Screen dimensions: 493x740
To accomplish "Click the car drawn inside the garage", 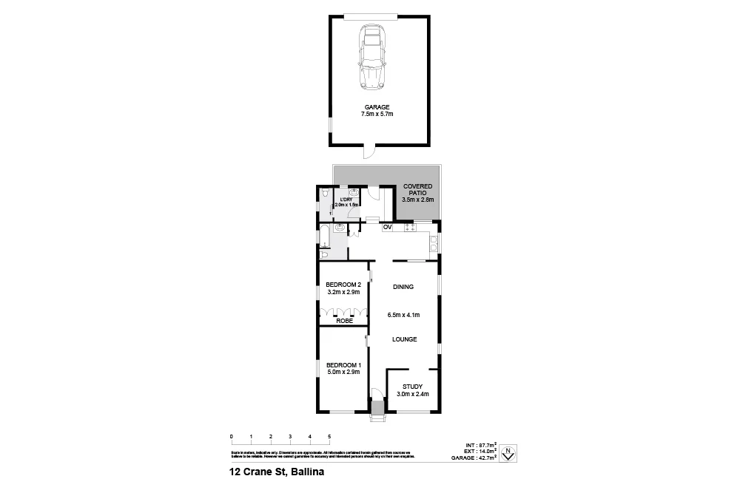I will click(x=372, y=58).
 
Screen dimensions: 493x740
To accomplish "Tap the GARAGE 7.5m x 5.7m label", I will click(x=377, y=111).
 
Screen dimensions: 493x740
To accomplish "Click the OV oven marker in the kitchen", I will click(x=386, y=228).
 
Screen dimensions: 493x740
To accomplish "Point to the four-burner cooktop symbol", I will click(x=409, y=228).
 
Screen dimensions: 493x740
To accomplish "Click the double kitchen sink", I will click(x=434, y=243).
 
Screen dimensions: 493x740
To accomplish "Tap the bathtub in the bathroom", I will click(x=323, y=237).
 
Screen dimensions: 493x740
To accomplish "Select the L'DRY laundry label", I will click(x=345, y=202).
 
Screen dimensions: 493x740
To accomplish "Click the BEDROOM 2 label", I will click(x=343, y=288).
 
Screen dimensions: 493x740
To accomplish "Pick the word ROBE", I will click(x=343, y=321).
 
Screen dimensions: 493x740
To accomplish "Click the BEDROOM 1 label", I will click(x=343, y=368).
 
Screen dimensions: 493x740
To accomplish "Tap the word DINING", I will click(x=403, y=287).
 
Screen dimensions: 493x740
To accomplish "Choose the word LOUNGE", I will click(x=404, y=339).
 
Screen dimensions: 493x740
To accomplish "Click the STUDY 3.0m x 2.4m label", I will click(x=412, y=390).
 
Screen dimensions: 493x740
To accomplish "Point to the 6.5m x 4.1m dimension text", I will click(x=404, y=315).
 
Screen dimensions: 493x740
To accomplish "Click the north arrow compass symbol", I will click(x=508, y=453).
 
